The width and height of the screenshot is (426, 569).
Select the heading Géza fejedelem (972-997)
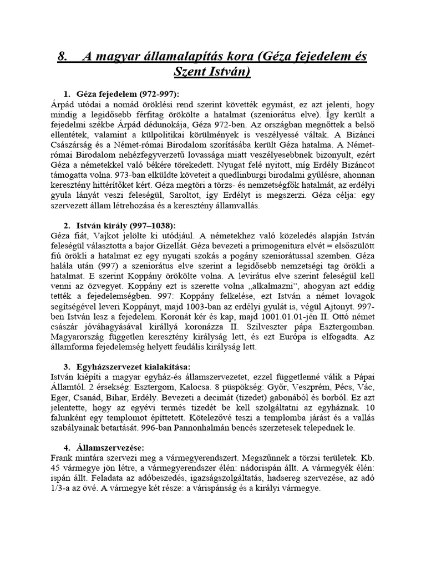coord(128,93)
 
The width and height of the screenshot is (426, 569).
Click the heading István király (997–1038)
coord(126,225)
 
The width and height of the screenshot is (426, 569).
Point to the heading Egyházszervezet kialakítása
coord(133,367)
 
